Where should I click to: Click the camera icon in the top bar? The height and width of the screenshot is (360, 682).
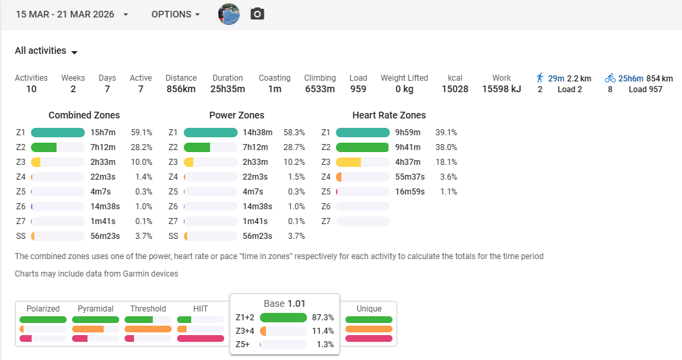(257, 14)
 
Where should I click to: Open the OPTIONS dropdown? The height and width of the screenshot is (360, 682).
(175, 14)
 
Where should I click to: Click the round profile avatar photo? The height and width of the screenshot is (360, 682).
(229, 14)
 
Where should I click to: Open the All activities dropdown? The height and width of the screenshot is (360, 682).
(46, 51)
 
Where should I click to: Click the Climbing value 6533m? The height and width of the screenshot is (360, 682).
(320, 89)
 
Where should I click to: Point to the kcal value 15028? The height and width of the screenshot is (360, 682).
(454, 89)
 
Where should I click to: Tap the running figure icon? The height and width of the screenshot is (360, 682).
(540, 78)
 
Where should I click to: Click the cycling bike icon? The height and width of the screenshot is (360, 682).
(610, 78)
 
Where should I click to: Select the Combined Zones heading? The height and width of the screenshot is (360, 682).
(84, 115)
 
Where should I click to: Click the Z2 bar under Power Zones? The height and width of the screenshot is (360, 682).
(210, 147)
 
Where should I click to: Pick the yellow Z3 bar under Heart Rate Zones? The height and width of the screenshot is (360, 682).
(362, 162)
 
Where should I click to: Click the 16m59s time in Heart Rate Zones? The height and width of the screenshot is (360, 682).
(409, 192)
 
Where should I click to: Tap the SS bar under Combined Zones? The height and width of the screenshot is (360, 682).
(58, 236)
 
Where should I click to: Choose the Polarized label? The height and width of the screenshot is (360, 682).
(43, 309)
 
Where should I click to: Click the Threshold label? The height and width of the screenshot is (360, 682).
(148, 309)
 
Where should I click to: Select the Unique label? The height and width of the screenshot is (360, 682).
(369, 309)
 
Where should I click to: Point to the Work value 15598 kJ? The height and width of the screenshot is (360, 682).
(502, 89)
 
